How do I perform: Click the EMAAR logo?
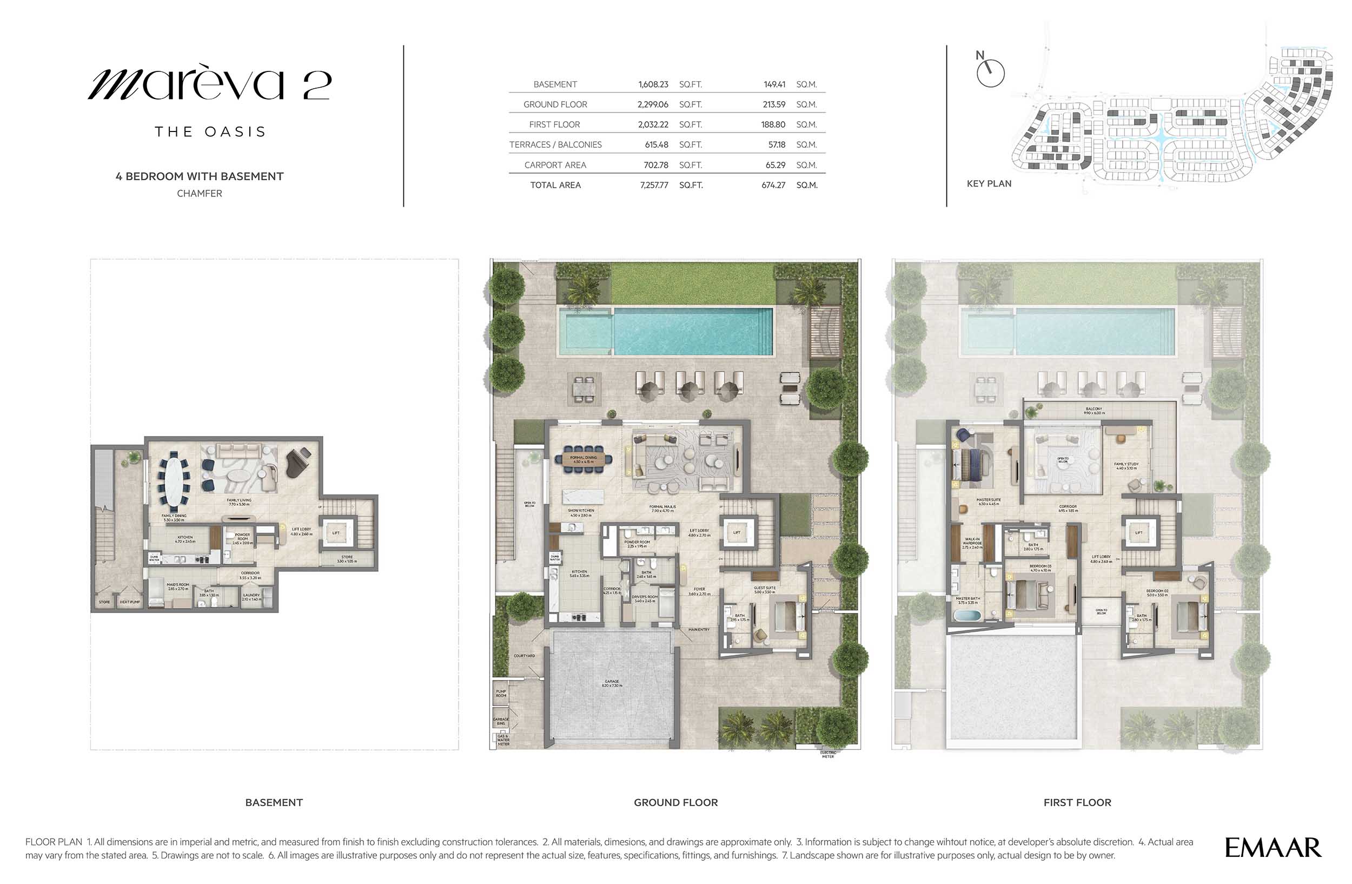point(1273,848)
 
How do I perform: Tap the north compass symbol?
point(990,72)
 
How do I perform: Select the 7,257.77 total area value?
point(654,185)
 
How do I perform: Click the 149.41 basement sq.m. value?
point(774,84)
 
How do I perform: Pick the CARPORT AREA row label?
point(555,166)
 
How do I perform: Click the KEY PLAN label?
point(989,183)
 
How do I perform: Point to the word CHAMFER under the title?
point(200,194)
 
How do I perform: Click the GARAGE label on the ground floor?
point(612,682)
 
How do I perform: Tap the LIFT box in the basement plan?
point(336,533)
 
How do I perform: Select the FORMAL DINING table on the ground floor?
point(584,460)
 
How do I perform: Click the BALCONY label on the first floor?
point(1093,410)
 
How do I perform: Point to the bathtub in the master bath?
point(967,616)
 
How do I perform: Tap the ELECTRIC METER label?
point(827,755)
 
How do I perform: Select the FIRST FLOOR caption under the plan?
point(1077,803)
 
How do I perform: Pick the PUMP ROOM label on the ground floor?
point(500,694)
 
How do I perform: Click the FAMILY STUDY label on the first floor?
point(1126,465)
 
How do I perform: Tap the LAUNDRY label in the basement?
point(251,596)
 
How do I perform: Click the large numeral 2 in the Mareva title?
point(316,86)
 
